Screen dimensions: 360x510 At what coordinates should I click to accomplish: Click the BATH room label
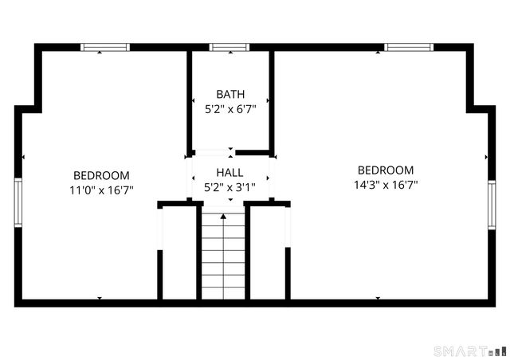click(230, 95)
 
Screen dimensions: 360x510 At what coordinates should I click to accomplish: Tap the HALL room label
click(230, 172)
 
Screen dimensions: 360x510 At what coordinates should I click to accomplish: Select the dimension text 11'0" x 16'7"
click(101, 190)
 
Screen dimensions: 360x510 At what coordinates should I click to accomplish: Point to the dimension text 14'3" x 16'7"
click(386, 184)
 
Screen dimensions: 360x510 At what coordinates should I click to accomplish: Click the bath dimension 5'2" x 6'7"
click(230, 109)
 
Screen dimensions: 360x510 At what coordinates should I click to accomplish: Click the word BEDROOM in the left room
click(101, 175)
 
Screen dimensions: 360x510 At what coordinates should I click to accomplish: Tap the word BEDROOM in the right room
click(386, 170)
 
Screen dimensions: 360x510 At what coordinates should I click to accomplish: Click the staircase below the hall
click(223, 259)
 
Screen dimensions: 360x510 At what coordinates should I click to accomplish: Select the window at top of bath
click(229, 47)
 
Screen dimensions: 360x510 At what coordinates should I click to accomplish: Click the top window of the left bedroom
click(105, 47)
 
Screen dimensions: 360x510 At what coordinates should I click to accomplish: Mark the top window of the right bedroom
click(409, 47)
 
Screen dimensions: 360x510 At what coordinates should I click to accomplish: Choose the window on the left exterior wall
click(18, 203)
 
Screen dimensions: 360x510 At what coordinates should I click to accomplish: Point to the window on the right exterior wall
click(492, 205)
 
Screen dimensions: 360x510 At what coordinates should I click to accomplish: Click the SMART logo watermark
click(469, 350)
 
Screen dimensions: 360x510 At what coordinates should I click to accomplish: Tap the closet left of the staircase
click(179, 253)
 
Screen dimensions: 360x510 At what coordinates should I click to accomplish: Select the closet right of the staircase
click(269, 253)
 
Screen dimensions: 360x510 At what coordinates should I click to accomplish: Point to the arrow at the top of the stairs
click(223, 215)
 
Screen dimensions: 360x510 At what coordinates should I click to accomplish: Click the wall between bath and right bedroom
click(272, 100)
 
